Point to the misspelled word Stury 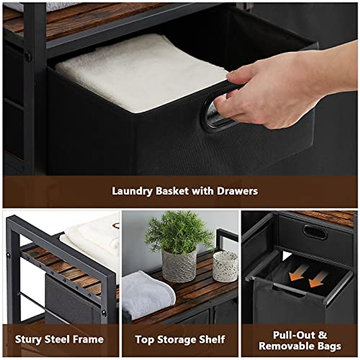tap(28, 339)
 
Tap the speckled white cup tap(225, 266)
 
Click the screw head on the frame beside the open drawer tap(28, 56)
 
